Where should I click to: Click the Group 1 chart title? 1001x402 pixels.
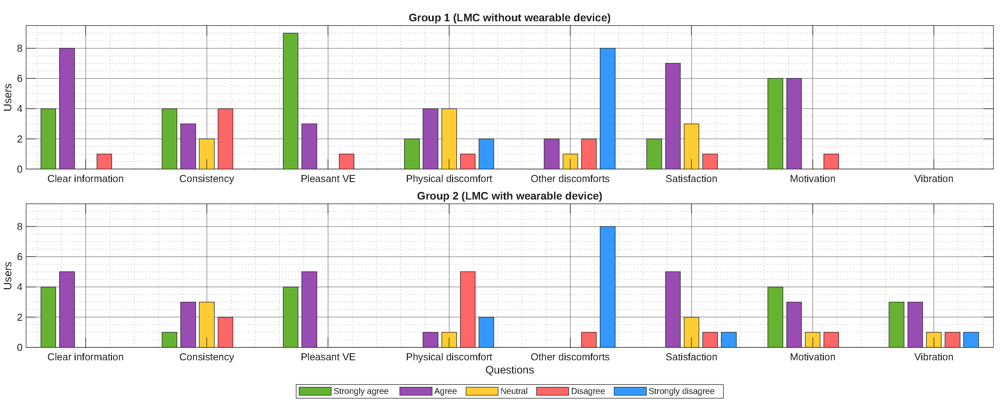pos(509,18)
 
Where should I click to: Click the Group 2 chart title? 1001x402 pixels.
pos(509,196)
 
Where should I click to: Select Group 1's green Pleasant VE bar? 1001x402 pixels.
pos(291,101)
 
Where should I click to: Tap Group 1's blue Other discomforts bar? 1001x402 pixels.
pos(607,109)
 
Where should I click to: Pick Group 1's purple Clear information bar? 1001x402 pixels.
pos(67,109)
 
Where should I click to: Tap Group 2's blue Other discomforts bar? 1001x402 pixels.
pos(607,287)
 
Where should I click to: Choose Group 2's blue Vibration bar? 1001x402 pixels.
pos(971,340)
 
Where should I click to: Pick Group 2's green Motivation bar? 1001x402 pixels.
pos(775,317)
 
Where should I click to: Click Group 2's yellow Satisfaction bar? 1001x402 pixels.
pos(691,333)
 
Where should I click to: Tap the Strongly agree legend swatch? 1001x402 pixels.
pos(315,391)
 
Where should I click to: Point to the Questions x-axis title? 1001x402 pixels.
pos(509,370)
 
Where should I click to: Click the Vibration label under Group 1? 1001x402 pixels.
pos(933,179)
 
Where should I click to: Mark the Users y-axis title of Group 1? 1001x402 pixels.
pos(8,97)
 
